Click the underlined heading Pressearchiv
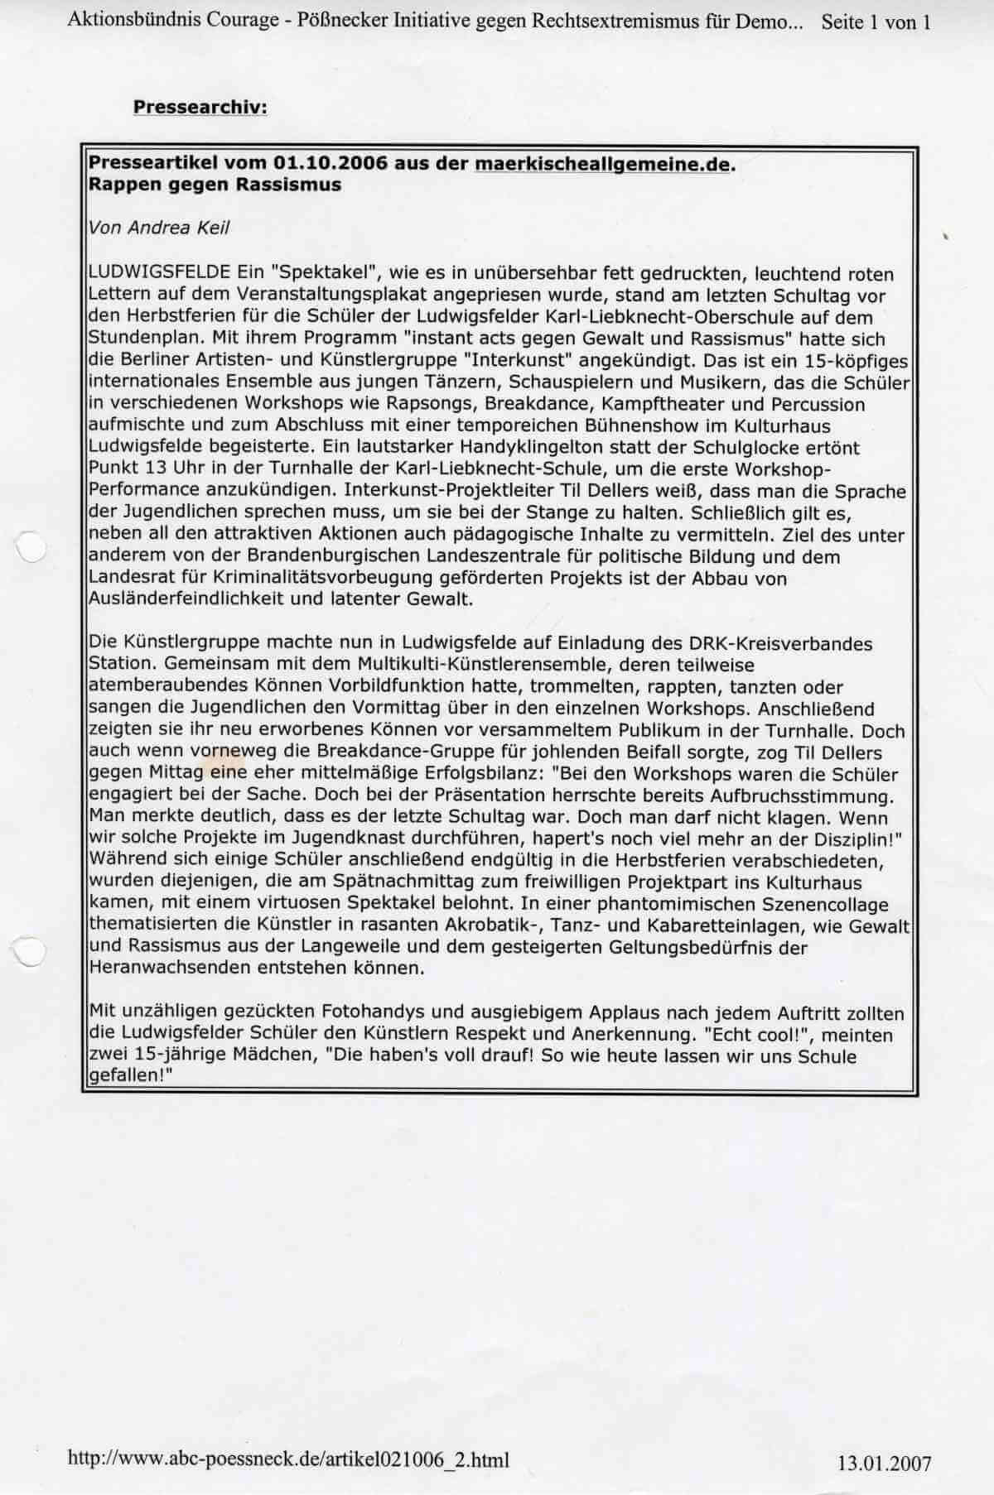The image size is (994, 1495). (x=200, y=108)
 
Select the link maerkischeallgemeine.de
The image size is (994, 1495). (x=604, y=164)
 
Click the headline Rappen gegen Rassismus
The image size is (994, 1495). (x=215, y=185)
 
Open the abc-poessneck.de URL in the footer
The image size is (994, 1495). (x=288, y=1459)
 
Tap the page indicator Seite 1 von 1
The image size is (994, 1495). (x=876, y=22)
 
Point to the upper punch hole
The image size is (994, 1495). (x=30, y=547)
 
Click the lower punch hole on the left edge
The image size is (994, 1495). (x=31, y=952)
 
